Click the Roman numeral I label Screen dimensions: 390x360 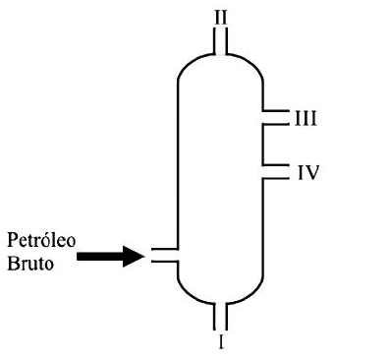pyautogui.click(x=221, y=341)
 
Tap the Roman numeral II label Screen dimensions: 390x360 pyautogui.click(x=221, y=18)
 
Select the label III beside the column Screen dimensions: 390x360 pyautogui.click(x=306, y=118)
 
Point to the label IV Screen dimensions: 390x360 pyautogui.click(x=308, y=172)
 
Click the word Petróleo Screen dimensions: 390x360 pyautogui.click(x=41, y=240)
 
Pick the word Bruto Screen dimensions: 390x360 pyautogui.click(x=30, y=264)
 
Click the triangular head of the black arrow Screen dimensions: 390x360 pyautogui.click(x=134, y=256)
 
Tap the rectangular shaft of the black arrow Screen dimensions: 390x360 pyautogui.click(x=100, y=256)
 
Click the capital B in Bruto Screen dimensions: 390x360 pyautogui.click(x=13, y=264)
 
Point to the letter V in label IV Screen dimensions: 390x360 pyautogui.click(x=311, y=172)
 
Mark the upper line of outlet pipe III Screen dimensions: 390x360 pyautogui.click(x=276, y=111)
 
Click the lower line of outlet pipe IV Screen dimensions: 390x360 pyautogui.click(x=276, y=178)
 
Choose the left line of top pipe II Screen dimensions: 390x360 pyautogui.click(x=215, y=41)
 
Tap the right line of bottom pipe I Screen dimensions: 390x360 pyautogui.click(x=226, y=316)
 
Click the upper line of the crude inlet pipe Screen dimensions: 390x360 pyautogui.click(x=165, y=249)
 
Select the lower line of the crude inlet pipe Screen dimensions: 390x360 pyautogui.click(x=165, y=262)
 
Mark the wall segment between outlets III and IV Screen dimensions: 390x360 pyautogui.click(x=263, y=145)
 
